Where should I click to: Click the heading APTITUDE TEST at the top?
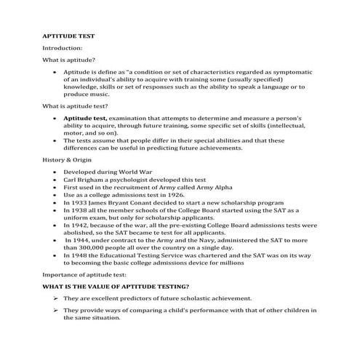click(68, 35)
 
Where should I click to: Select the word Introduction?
click(62, 48)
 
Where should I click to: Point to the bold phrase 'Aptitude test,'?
click(85, 118)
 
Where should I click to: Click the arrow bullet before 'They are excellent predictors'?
click(55, 299)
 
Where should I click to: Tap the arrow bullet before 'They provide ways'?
click(55, 311)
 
